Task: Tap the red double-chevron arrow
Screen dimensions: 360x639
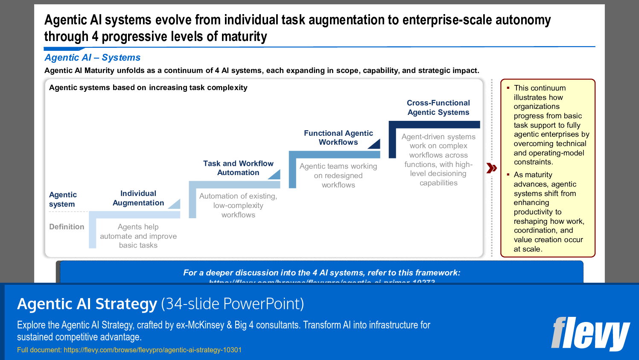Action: pos(492,168)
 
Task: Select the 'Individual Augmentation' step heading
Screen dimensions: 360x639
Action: pos(138,198)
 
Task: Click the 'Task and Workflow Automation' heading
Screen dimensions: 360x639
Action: pos(238,168)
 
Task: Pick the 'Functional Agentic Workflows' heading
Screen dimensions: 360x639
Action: pos(338,138)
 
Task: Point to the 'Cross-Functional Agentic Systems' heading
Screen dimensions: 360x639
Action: pos(438,108)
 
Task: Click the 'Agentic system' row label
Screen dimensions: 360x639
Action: pos(63,199)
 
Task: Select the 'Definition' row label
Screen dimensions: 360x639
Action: pos(67,227)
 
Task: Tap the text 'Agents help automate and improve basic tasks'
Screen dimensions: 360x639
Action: pos(138,236)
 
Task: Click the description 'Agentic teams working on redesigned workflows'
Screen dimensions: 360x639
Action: pos(338,176)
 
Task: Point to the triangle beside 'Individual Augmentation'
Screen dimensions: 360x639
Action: pos(175,205)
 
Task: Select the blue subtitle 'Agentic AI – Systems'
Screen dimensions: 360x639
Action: pos(93,58)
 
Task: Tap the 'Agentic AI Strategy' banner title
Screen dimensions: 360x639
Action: pos(87,304)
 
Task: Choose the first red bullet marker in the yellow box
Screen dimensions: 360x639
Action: pos(508,88)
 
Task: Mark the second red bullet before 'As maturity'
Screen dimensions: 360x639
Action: pos(508,175)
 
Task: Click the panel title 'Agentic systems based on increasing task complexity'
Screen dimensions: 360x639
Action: pos(148,88)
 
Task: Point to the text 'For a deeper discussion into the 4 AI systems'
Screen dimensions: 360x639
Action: pos(321,272)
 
